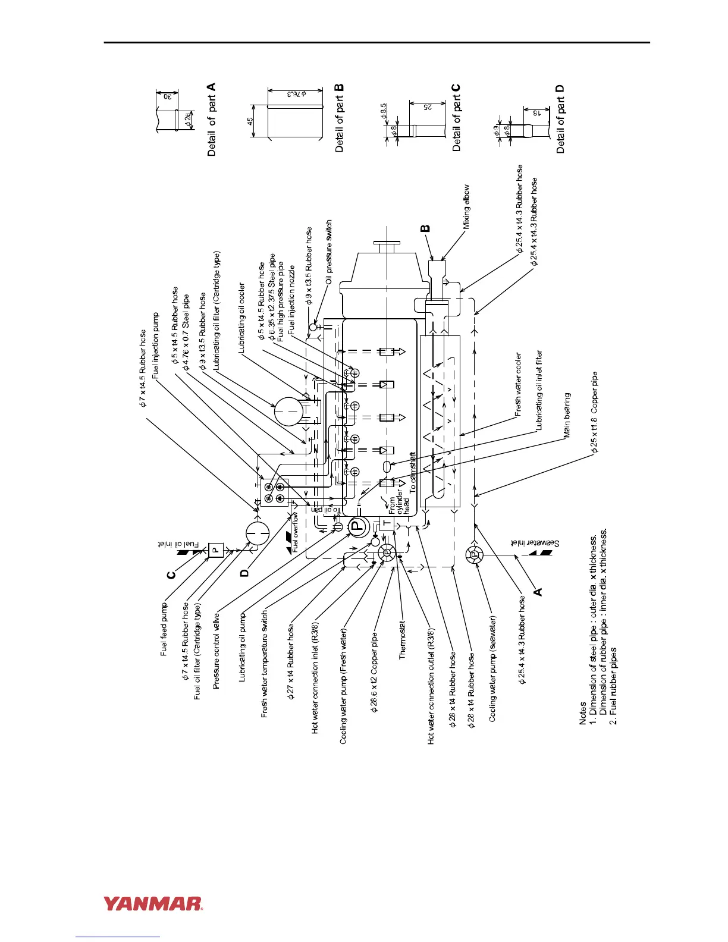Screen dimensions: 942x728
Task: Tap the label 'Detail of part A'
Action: tap(212, 120)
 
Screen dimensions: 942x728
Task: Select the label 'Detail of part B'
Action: tap(340, 118)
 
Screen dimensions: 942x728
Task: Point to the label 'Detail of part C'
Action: tap(457, 118)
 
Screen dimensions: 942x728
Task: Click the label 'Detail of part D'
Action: tap(560, 119)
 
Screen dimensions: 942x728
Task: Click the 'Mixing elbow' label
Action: tap(466, 206)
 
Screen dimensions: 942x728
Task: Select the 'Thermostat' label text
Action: tap(403, 636)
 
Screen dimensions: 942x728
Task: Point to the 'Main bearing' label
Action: tap(567, 415)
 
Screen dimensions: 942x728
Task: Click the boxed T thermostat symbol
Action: tap(386, 524)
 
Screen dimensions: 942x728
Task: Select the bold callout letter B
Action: tap(425, 228)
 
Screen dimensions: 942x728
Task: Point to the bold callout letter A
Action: tap(538, 591)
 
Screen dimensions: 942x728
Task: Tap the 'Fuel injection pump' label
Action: tap(156, 346)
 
